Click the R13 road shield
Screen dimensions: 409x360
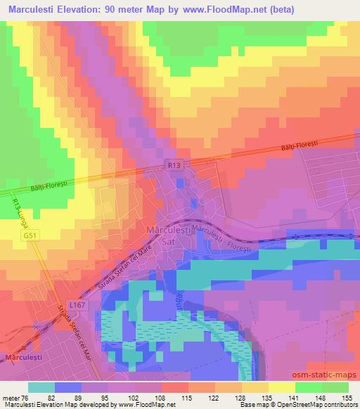tap(175, 164)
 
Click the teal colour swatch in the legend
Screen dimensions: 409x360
tap(41, 387)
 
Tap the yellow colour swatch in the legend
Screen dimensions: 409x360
tap(281, 387)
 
